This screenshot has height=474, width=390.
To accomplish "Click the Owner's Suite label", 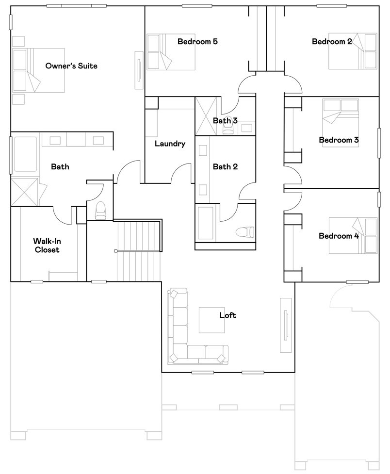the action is pos(71,66).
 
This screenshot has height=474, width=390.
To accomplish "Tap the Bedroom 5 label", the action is pos(197,41).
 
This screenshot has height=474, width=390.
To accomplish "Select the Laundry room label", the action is pos(170,144).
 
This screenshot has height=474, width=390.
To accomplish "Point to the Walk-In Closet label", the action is pos(47,245).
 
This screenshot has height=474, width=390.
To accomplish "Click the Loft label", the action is pos(227,315).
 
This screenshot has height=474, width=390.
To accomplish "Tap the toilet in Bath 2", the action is pos(245,232).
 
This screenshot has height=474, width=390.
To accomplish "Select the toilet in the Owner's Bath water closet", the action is pos(100,211).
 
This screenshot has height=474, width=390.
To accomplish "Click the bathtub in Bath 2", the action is pos(206,223).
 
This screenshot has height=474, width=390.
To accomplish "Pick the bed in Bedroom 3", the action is pos(341,123).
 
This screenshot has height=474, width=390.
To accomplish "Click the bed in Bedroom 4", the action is pos(353,235).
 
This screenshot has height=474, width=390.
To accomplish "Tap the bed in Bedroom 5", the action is pos(171,52).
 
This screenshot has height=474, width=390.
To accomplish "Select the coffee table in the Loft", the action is pos(211,320).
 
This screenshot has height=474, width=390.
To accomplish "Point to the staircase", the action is pos(139,251).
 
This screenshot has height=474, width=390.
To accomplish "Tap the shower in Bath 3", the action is pos(206,116).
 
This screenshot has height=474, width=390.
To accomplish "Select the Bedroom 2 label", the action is pos(332,41).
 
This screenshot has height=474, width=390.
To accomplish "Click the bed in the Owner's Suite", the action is pos(39,70).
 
